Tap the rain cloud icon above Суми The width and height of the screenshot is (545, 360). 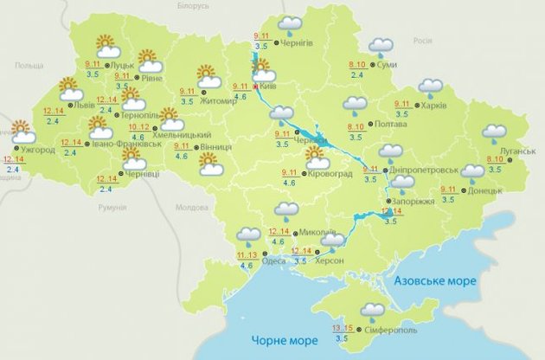click(381, 47)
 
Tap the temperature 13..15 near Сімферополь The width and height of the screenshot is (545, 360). click(342, 328)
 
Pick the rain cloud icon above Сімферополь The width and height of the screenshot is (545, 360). click(373, 312)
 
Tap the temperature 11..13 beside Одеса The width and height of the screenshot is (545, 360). click(246, 255)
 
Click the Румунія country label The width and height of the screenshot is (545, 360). click(112, 209)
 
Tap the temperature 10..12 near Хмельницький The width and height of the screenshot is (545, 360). click(138, 127)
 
